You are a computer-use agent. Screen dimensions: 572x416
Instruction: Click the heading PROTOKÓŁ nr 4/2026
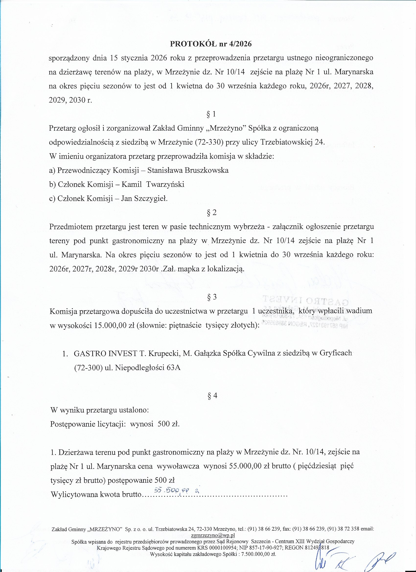211,44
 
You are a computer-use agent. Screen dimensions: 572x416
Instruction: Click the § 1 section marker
211,114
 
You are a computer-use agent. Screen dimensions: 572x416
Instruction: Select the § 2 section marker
211,212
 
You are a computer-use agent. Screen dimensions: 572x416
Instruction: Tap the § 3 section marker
211,297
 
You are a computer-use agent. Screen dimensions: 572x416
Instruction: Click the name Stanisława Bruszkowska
188,170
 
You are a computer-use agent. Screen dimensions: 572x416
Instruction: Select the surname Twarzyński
165,184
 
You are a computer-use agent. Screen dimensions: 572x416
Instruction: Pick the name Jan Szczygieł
144,198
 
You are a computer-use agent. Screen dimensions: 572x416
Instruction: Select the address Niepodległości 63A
148,368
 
